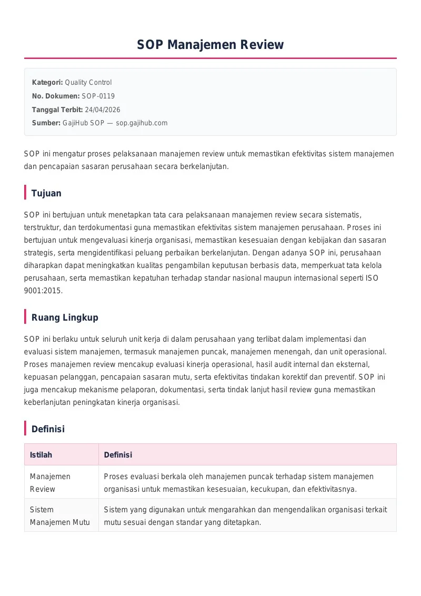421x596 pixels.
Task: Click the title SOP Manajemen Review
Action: coord(210,45)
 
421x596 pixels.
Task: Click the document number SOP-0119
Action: coord(98,96)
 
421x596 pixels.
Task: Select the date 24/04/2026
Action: coord(102,110)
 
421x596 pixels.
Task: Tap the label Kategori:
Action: coord(47,82)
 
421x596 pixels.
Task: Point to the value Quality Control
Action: coord(88,82)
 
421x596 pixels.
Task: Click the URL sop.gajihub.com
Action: coord(142,123)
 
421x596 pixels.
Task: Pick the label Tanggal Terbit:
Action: coord(57,110)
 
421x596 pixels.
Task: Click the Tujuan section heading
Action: coord(46,193)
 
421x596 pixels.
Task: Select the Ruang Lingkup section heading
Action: coord(65,317)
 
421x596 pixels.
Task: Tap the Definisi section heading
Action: coord(48,429)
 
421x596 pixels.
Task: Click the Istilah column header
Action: coord(41,454)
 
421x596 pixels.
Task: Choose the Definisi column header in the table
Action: coord(118,454)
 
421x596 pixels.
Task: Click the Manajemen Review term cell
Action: coord(50,482)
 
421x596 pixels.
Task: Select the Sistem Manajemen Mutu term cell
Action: coord(59,516)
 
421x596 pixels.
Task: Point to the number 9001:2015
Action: coord(43,290)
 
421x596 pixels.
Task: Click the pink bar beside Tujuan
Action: coord(25,193)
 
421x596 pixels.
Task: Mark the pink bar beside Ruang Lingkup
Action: coord(25,317)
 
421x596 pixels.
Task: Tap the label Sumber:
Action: coord(46,123)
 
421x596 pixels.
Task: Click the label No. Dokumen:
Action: coord(56,96)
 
